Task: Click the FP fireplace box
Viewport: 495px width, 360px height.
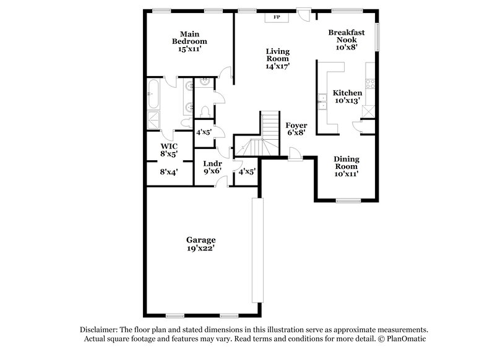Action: [x=277, y=17]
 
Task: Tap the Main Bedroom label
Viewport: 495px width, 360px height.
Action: [x=189, y=38]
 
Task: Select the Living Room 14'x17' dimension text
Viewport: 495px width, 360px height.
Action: [x=278, y=66]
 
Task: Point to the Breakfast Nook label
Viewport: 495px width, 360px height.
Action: [x=346, y=36]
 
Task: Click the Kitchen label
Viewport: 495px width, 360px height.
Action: [x=347, y=93]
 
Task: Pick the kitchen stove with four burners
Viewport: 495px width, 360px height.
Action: [x=370, y=84]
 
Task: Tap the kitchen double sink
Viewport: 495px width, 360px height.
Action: [x=322, y=102]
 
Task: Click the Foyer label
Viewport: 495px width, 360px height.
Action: [x=296, y=126]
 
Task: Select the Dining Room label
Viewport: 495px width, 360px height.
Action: [x=346, y=163]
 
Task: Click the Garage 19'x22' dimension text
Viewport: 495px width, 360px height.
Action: [x=200, y=248]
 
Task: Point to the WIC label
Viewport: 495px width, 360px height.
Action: [x=169, y=147]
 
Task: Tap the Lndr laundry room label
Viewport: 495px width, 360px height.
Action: [x=212, y=163]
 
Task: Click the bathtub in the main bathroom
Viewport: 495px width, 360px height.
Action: [x=153, y=93]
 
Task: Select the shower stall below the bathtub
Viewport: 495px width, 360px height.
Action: [x=153, y=120]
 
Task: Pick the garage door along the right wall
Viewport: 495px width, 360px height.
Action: [x=257, y=250]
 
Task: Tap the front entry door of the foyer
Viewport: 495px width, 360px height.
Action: [x=296, y=155]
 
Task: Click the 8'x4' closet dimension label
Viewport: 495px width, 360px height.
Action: [x=169, y=172]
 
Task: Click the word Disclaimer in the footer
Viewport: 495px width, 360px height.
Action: [x=99, y=330]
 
